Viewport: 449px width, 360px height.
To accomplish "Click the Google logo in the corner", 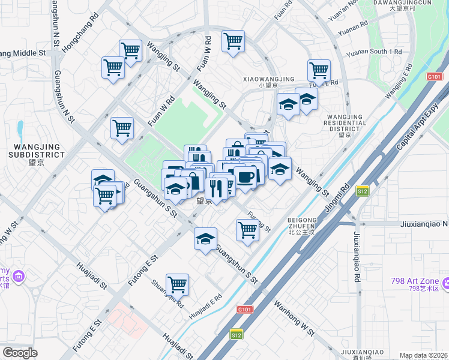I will coord(20,353).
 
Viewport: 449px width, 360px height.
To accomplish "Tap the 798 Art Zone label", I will coord(427,283).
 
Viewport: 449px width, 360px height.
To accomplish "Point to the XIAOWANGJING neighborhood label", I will coord(268,79).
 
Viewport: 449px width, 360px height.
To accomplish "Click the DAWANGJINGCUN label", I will coord(411,3).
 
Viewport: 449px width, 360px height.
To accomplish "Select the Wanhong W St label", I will coord(294,315).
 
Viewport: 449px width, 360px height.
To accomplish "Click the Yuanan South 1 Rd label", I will coord(379,52).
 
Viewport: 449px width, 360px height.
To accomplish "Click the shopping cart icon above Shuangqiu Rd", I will coord(177,283).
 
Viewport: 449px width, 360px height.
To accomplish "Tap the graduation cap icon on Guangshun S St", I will coord(205,239).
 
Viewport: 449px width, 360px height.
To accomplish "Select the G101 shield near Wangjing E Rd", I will coord(435,76).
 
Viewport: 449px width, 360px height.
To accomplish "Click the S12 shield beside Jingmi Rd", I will coord(362,191).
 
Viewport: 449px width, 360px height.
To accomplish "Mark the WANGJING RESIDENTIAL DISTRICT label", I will coord(344,124).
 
